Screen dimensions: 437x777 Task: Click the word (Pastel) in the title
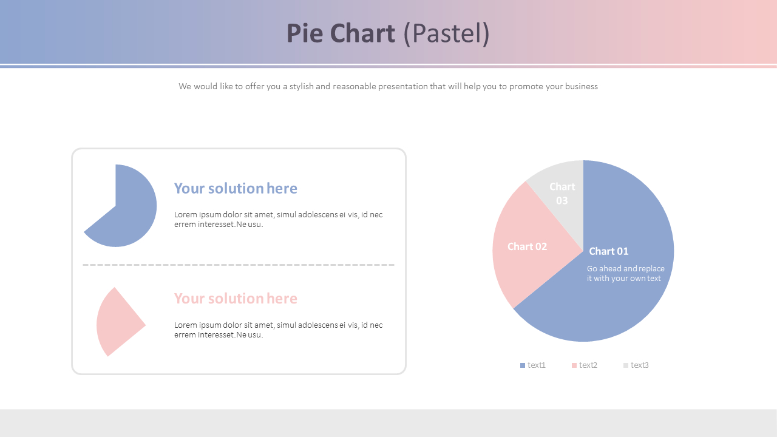pyautogui.click(x=446, y=34)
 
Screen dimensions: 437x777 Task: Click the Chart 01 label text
pyautogui.click(x=609, y=251)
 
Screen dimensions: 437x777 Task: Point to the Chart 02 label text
pyautogui.click(x=527, y=246)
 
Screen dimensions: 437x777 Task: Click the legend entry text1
pyautogui.click(x=537, y=365)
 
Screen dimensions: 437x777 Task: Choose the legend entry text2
pyautogui.click(x=588, y=365)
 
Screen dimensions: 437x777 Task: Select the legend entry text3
pyautogui.click(x=640, y=365)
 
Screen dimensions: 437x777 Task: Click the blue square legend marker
pyautogui.click(x=523, y=365)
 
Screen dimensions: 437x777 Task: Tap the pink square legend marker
pyautogui.click(x=574, y=365)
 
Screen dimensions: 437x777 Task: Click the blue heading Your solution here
pyautogui.click(x=236, y=188)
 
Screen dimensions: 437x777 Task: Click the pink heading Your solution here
pyautogui.click(x=236, y=299)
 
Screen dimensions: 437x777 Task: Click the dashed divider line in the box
pyautogui.click(x=239, y=265)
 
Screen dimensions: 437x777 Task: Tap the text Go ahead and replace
pyautogui.click(x=626, y=269)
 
